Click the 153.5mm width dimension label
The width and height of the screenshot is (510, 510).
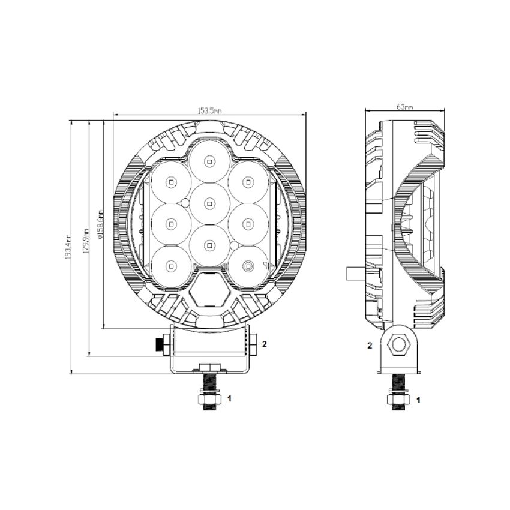(210, 110)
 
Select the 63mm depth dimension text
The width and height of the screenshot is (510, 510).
(405, 107)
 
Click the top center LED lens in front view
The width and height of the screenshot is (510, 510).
(209, 160)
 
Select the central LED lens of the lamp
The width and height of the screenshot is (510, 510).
(209, 203)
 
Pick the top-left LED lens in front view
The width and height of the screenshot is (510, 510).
(170, 181)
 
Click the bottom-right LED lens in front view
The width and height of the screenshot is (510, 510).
(248, 265)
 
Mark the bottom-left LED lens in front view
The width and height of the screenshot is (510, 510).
(170, 265)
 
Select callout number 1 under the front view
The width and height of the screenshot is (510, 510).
(228, 398)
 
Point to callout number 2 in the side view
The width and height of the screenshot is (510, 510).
(370, 346)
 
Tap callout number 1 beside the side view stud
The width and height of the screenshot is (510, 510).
(418, 398)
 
